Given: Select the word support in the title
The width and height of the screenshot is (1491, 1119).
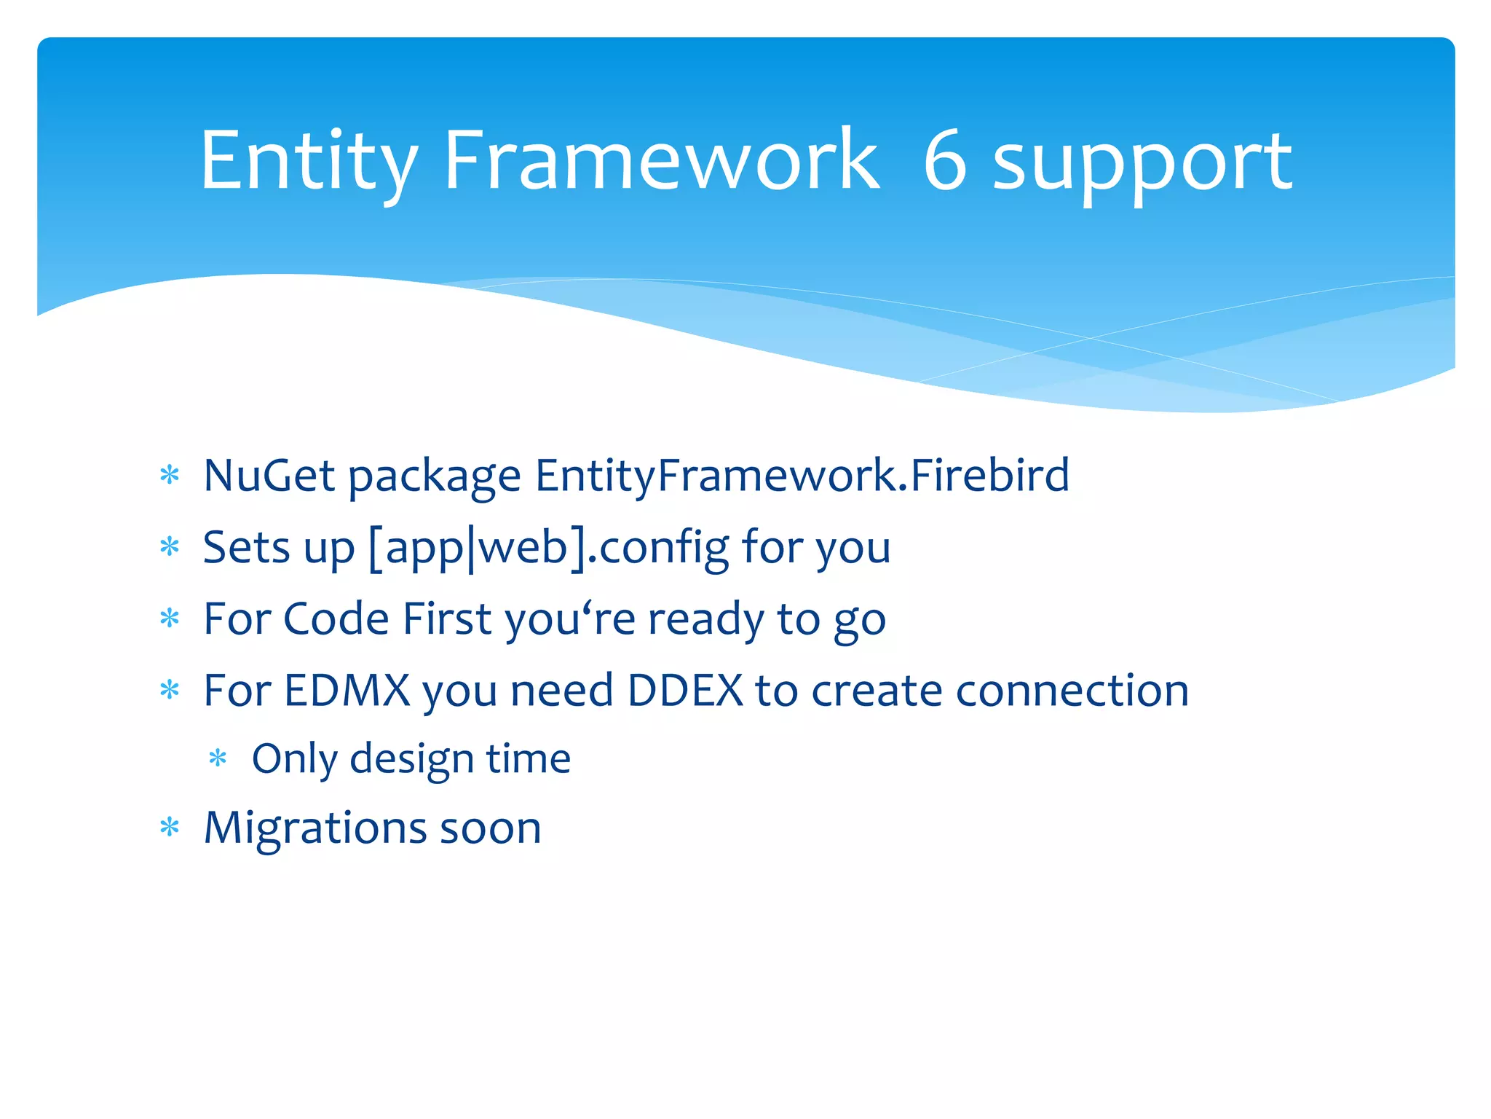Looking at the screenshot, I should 1143,164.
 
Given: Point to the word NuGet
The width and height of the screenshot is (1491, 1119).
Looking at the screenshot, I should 269,476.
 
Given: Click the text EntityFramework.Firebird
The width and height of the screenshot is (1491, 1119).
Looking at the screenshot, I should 802,476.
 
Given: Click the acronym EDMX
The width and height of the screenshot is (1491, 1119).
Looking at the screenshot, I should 347,691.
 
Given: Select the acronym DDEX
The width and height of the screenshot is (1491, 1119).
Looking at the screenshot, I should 684,691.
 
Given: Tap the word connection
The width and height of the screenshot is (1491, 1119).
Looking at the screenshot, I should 1072,691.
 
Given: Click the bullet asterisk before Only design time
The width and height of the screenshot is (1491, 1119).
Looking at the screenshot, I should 218,759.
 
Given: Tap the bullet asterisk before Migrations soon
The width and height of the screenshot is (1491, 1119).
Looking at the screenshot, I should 170,828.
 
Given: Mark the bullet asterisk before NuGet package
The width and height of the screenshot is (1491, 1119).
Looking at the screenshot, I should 170,476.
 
